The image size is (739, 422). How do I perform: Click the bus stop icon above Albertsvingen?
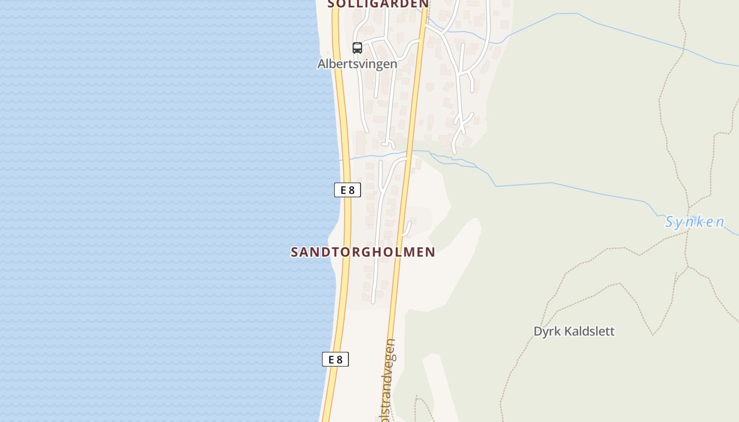(x=357, y=48)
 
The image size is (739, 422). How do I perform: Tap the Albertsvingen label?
(x=357, y=64)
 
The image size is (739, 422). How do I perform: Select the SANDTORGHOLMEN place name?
(x=363, y=252)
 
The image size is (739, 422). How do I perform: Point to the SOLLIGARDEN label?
(x=378, y=4)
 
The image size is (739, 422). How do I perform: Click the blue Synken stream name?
(x=694, y=222)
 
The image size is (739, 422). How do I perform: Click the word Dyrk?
(x=547, y=332)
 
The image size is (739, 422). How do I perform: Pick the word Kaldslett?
(x=590, y=332)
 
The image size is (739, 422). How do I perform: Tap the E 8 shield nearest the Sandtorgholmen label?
(x=347, y=190)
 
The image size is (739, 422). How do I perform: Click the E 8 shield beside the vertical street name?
(x=335, y=360)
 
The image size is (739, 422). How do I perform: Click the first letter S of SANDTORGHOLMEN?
(x=295, y=252)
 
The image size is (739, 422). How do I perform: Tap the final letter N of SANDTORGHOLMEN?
(x=430, y=252)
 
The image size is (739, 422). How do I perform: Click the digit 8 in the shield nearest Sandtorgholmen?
(x=352, y=190)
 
